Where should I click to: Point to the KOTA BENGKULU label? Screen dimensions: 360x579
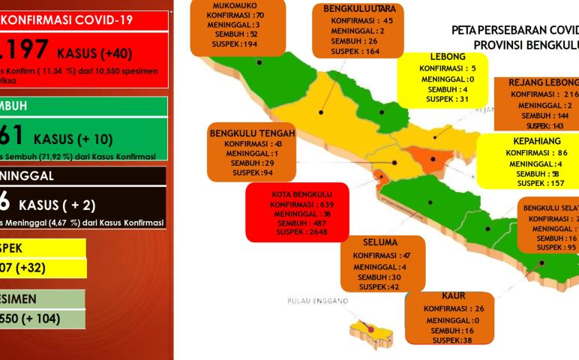296,193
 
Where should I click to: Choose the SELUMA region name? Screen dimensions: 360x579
381,244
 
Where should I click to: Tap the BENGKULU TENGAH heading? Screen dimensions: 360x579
252,133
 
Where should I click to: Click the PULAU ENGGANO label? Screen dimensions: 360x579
317,301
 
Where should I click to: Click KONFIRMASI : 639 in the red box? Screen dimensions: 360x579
298,203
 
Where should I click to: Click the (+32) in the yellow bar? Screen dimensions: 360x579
35,268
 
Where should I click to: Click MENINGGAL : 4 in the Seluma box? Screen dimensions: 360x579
382,266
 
